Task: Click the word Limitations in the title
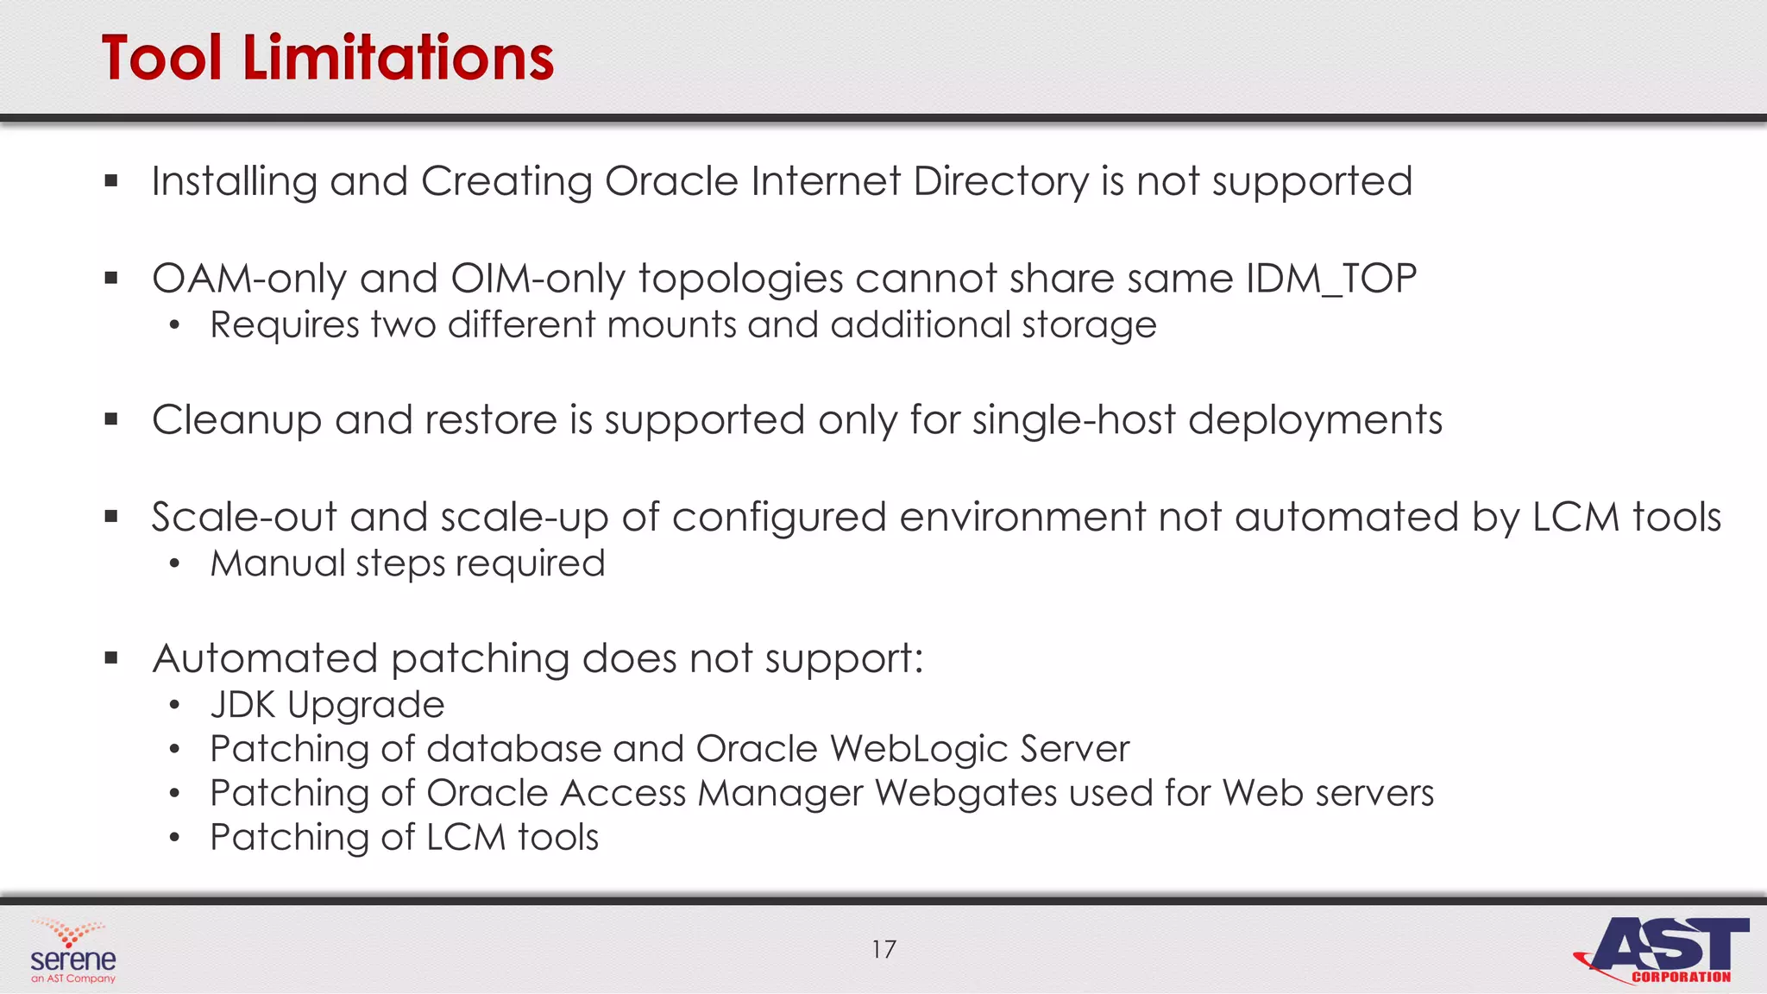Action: click(398, 59)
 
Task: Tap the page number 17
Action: click(883, 949)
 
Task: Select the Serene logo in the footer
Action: click(72, 952)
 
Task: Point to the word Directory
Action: click(1001, 182)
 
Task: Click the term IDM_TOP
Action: click(1331, 279)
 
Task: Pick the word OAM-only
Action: click(249, 279)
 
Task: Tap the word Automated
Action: click(265, 658)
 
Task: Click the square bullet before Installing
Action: click(110, 181)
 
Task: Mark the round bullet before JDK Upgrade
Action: click(175, 706)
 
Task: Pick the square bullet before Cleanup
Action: click(110, 419)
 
